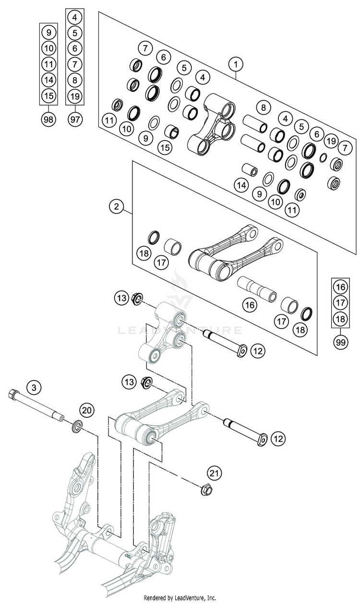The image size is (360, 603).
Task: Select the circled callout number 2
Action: click(116, 207)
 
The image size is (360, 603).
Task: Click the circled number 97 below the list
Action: click(74, 119)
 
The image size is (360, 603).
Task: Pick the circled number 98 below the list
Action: click(48, 119)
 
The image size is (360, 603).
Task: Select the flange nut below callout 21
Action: click(205, 491)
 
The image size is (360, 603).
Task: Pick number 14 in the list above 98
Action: click(48, 80)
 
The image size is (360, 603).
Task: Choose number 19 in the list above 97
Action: click(74, 96)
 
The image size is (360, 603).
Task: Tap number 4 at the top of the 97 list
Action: click(74, 18)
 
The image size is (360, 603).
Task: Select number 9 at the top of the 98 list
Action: click(48, 32)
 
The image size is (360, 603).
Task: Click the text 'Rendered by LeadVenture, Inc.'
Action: click(180, 598)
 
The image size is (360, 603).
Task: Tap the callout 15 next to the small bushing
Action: click(165, 147)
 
